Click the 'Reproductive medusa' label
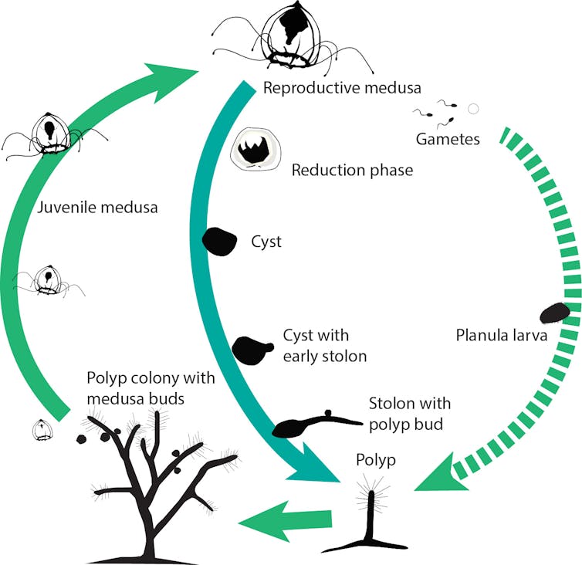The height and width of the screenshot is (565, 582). pyautogui.click(x=337, y=87)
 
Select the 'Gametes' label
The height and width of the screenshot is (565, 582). pyautogui.click(x=448, y=139)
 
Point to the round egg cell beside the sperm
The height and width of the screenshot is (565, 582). pyautogui.click(x=474, y=109)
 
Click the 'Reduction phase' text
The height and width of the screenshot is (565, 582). pyautogui.click(x=352, y=170)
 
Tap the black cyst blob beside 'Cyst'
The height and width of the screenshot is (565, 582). pyautogui.click(x=219, y=242)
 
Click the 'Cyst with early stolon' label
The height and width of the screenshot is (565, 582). pyautogui.click(x=316, y=345)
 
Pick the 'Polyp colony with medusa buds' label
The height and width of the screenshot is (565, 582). pyautogui.click(x=151, y=387)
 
